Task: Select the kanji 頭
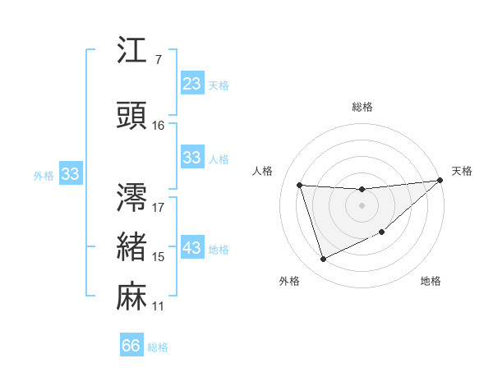(133, 117)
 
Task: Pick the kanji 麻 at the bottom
(133, 296)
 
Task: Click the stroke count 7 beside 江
(158, 60)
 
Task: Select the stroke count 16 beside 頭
(159, 126)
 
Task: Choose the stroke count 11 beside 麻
(159, 306)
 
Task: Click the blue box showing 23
(192, 84)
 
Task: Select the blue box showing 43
(192, 249)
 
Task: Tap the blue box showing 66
(131, 347)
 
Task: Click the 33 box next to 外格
(70, 174)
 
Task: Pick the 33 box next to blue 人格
(192, 158)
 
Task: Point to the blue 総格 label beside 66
(158, 347)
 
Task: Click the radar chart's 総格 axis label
(362, 107)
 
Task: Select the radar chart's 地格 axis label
(431, 282)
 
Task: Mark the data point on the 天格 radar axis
(439, 181)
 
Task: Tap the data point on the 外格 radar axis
(323, 260)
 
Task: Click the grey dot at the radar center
(362, 205)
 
